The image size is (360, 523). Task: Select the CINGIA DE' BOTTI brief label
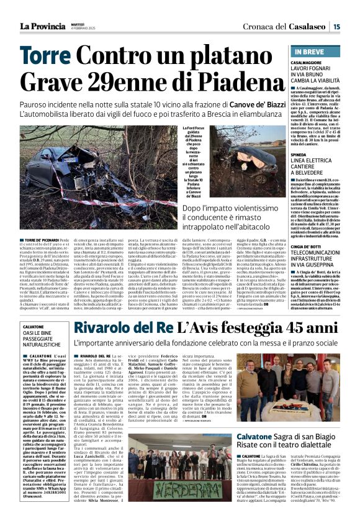(x=310, y=247)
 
